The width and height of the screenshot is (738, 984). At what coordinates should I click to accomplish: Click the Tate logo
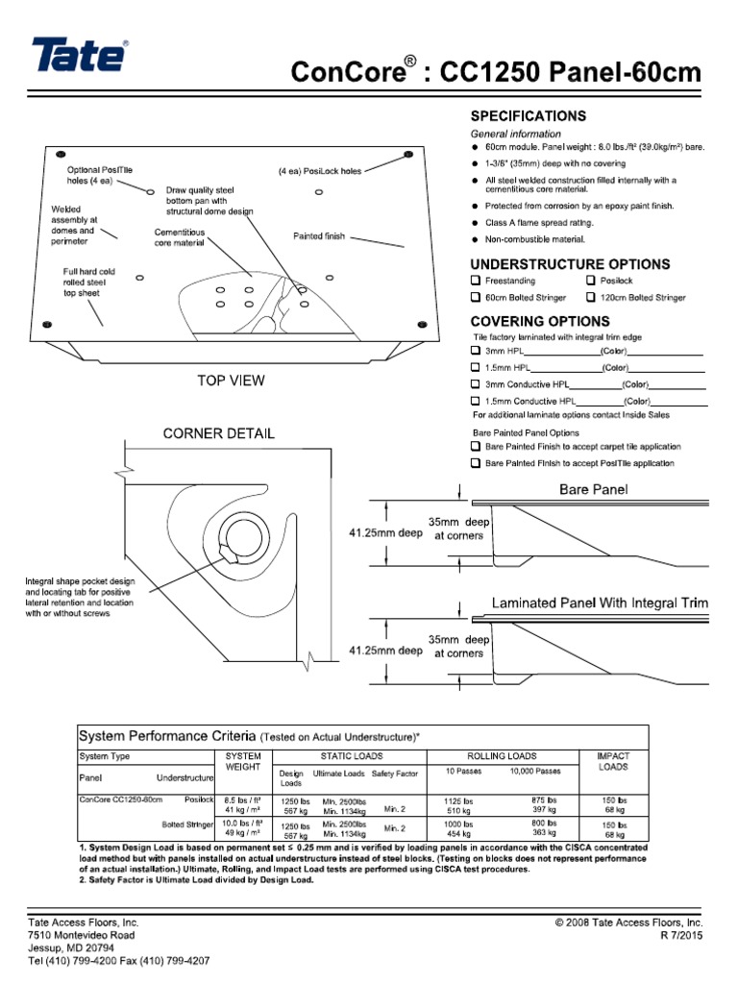(79, 56)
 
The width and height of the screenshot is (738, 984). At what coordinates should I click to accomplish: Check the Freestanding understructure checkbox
(475, 281)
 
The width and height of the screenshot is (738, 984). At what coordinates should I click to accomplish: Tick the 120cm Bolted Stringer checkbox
(591, 298)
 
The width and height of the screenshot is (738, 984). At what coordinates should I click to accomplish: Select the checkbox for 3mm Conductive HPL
(475, 384)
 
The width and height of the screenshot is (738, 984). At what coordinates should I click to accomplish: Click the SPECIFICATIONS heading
(528, 116)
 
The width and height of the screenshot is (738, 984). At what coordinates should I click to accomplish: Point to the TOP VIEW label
(231, 381)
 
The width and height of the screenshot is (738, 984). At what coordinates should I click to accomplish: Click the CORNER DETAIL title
(217, 433)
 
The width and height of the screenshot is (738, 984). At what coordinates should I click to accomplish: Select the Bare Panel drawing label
(593, 490)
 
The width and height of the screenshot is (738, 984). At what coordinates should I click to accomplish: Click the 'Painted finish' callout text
(318, 236)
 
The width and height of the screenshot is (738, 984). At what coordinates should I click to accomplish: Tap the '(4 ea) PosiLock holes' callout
(320, 172)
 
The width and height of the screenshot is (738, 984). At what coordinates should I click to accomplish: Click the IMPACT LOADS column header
(612, 762)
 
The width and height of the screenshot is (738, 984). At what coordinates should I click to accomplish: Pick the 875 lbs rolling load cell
(544, 799)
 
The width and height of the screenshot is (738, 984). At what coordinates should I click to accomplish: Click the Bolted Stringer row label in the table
(186, 824)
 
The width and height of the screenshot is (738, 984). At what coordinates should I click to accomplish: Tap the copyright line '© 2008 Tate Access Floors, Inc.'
(629, 922)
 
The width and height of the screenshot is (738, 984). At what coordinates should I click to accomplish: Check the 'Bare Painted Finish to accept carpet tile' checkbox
(475, 447)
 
